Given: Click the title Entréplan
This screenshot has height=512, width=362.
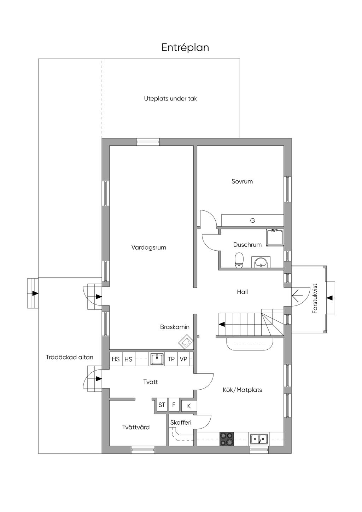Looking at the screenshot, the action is (x=185, y=47).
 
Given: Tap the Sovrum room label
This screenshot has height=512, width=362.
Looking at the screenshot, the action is (x=242, y=181).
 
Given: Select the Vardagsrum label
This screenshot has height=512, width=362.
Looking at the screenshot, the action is (x=148, y=248).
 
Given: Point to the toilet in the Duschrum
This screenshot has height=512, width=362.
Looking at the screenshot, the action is (x=239, y=260).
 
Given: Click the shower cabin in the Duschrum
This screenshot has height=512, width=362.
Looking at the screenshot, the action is (x=275, y=238).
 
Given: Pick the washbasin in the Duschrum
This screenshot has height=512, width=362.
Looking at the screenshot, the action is (x=261, y=262).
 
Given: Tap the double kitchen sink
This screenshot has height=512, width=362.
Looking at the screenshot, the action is (x=259, y=438).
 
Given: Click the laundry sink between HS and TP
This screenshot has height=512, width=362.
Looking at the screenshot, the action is (x=157, y=359).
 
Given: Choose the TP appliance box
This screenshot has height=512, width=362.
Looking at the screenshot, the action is (x=171, y=359).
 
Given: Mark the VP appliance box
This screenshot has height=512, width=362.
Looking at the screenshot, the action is (x=183, y=359).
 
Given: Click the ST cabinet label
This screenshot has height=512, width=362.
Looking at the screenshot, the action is (x=162, y=405).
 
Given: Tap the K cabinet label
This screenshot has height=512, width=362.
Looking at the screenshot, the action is (x=189, y=406).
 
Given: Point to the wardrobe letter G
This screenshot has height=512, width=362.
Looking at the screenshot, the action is (x=252, y=221).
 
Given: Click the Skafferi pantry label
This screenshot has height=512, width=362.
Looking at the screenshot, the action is (x=181, y=423).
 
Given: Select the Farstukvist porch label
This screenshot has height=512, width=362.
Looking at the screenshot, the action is (x=315, y=298).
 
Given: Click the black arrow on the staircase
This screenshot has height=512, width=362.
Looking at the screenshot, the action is (x=221, y=324).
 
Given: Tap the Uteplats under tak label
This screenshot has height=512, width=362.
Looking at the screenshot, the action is (x=170, y=99).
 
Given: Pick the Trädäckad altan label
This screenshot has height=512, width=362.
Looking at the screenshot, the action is (x=70, y=357).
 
